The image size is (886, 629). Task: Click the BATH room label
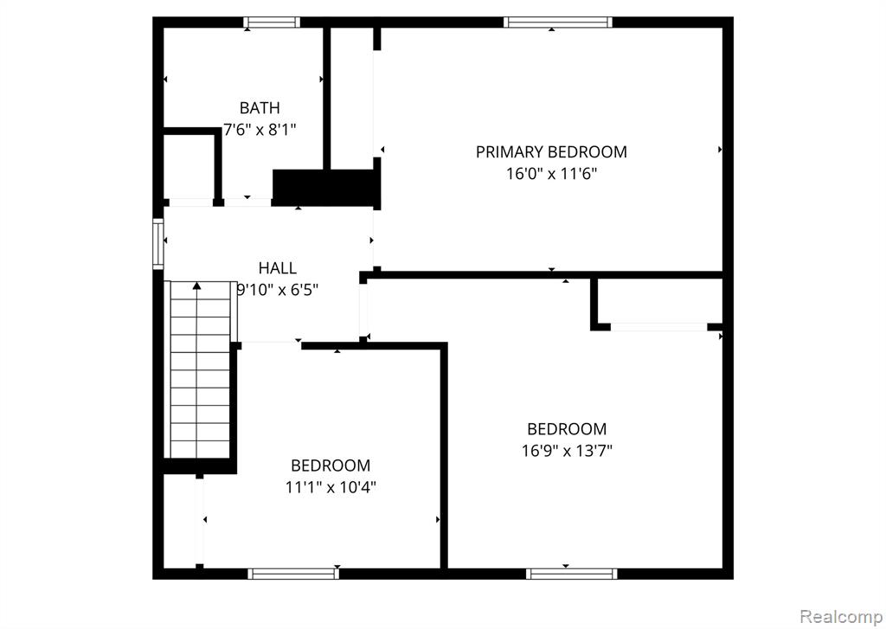(x=260, y=107)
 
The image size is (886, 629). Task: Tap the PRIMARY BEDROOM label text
(x=551, y=152)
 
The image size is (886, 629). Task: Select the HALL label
(x=277, y=268)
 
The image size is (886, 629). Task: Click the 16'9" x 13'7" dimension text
(x=567, y=451)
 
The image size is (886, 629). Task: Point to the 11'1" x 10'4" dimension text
(x=331, y=487)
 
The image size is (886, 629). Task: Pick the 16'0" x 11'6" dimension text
(x=551, y=174)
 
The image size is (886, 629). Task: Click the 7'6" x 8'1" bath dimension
(x=260, y=130)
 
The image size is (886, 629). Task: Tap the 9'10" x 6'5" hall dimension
(x=277, y=290)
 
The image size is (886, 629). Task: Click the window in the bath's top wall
(x=272, y=22)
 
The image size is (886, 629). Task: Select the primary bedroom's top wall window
(x=558, y=22)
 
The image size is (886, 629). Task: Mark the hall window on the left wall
(x=158, y=244)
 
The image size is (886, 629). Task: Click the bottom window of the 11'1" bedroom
(x=293, y=574)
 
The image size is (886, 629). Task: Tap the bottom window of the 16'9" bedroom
(x=571, y=574)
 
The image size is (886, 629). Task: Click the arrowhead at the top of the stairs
(x=196, y=286)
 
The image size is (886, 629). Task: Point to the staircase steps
(x=200, y=369)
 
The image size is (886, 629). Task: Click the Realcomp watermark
(x=842, y=616)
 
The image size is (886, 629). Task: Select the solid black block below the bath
(x=324, y=188)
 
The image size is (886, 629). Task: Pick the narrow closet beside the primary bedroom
(x=351, y=99)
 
